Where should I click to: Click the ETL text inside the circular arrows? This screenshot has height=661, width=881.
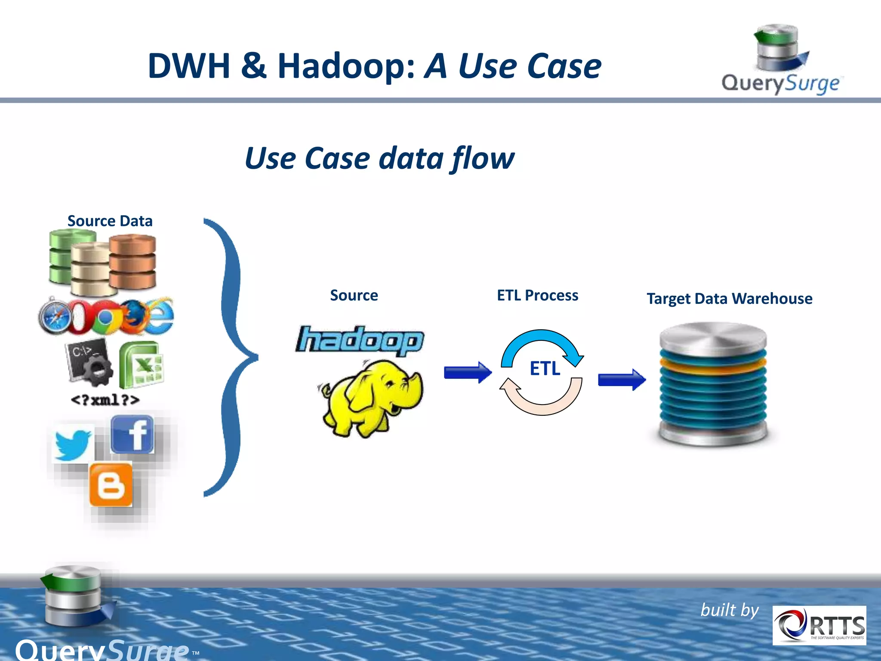[x=545, y=369]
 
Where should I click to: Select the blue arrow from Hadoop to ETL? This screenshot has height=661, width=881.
[x=468, y=372]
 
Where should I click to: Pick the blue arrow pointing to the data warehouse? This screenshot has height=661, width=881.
[x=622, y=380]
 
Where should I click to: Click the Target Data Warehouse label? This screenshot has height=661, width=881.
[x=730, y=299]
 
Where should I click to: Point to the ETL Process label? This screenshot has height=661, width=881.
[x=537, y=296]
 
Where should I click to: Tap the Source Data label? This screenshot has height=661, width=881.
[x=110, y=221]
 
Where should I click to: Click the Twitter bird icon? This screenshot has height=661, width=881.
[x=72, y=444]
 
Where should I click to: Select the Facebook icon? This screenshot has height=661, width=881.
[x=132, y=435]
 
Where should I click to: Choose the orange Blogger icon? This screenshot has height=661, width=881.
[x=111, y=485]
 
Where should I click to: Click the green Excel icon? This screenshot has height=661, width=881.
[x=141, y=364]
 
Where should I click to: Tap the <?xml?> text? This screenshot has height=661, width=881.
[x=105, y=400]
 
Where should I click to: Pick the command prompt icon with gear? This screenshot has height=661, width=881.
[x=89, y=361]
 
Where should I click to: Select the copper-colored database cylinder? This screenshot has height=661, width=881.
[x=132, y=262]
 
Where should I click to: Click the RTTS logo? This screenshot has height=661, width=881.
[x=819, y=625]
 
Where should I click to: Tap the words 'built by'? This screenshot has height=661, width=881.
[x=730, y=610]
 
